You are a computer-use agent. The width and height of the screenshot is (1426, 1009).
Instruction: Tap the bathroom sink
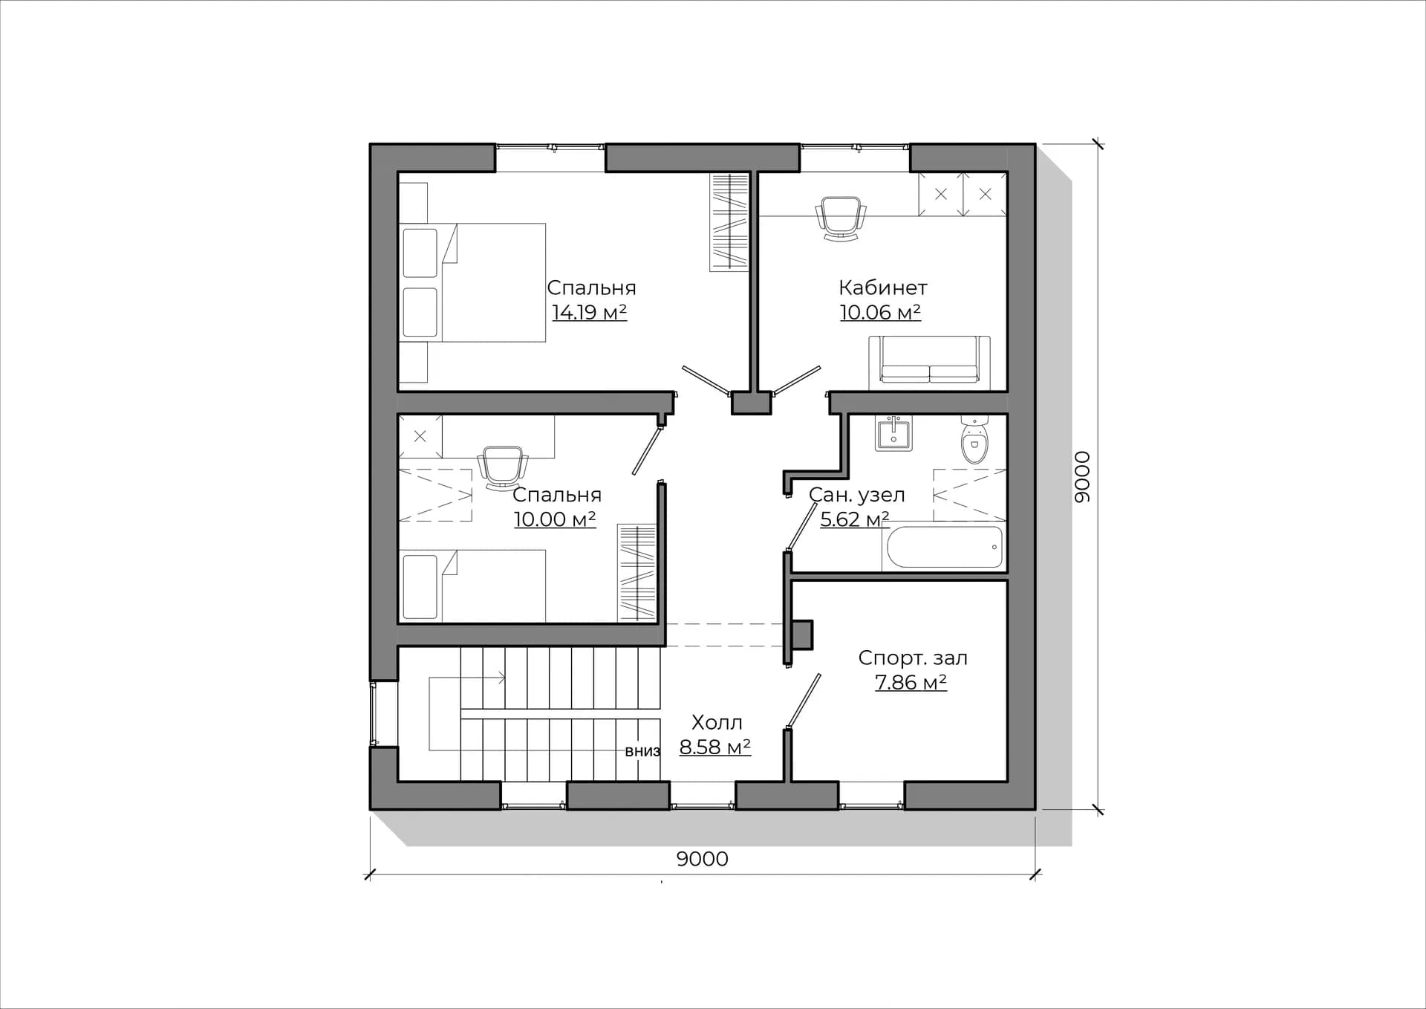tap(893, 433)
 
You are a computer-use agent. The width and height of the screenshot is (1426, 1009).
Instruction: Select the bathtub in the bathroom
tap(944, 547)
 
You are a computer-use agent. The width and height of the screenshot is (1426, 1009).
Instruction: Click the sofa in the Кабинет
tap(929, 363)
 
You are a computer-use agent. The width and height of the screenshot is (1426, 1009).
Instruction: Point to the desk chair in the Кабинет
tap(841, 218)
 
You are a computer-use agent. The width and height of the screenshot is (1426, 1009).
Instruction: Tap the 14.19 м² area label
tap(590, 312)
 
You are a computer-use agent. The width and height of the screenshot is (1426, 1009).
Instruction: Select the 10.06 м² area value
tap(880, 312)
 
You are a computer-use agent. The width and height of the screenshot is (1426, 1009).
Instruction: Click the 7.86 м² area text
tap(911, 682)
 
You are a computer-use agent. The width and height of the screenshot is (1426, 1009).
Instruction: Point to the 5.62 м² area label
tap(855, 519)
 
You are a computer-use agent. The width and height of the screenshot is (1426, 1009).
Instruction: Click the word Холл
tap(717, 722)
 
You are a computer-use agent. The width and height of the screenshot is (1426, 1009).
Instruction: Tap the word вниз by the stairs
tap(642, 751)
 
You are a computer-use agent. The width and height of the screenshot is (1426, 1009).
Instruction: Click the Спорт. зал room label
tap(913, 658)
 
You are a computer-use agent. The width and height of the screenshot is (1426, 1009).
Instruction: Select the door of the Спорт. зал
tap(804, 699)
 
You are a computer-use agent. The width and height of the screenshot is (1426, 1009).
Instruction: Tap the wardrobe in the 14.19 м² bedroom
tap(729, 221)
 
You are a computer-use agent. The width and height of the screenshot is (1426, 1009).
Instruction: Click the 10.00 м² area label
tap(555, 519)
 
